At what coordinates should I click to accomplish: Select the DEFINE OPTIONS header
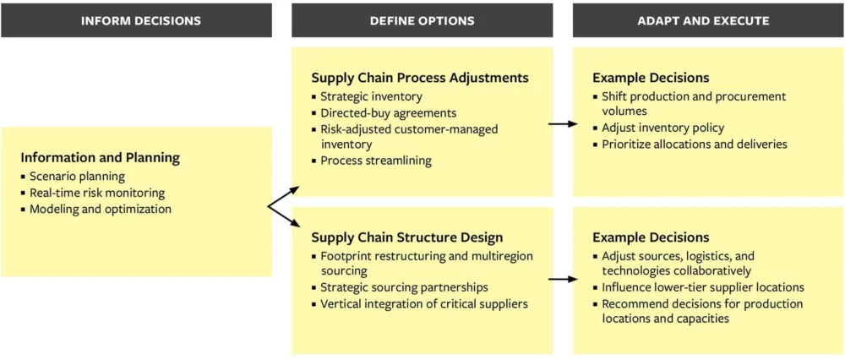pyautogui.click(x=422, y=20)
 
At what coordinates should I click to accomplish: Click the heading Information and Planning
pyautogui.click(x=100, y=157)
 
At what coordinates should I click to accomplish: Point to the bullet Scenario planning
pyautogui.click(x=77, y=177)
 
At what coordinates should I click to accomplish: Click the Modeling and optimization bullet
pyautogui.click(x=100, y=209)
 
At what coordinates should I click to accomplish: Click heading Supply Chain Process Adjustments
pyautogui.click(x=419, y=78)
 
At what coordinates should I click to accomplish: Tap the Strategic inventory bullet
pyautogui.click(x=371, y=96)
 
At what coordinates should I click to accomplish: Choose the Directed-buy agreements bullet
pyautogui.click(x=388, y=112)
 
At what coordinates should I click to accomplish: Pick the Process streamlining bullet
pyautogui.click(x=375, y=161)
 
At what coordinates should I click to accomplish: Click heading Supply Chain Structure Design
pyautogui.click(x=406, y=237)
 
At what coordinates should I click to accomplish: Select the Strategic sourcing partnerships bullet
pyautogui.click(x=404, y=287)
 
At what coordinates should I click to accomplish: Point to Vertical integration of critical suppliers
pyautogui.click(x=423, y=303)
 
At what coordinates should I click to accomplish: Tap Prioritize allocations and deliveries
pyautogui.click(x=694, y=145)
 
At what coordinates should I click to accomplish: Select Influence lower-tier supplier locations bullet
pyautogui.click(x=702, y=287)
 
